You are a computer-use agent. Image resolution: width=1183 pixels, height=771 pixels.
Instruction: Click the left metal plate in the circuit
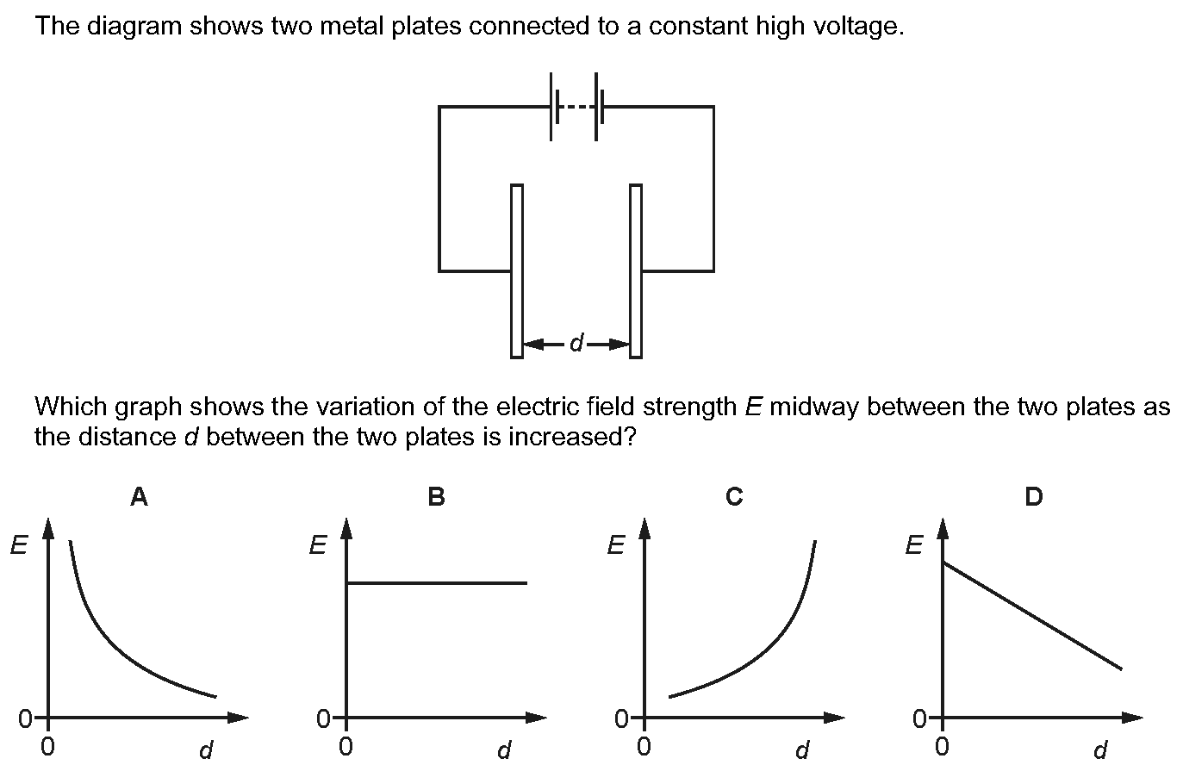click(x=516, y=271)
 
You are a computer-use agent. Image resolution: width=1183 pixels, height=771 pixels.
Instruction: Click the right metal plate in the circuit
click(x=636, y=271)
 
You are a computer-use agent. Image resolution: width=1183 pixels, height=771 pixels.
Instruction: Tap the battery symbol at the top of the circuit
click(x=574, y=107)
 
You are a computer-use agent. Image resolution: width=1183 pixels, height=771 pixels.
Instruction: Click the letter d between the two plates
click(x=576, y=343)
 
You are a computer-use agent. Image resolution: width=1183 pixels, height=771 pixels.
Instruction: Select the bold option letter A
click(x=139, y=496)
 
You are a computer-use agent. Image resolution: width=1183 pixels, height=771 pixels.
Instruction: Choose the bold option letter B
click(x=437, y=496)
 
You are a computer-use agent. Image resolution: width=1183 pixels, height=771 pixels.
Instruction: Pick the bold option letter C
click(x=734, y=496)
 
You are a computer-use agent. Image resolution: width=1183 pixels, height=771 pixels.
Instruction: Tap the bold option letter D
click(x=1034, y=496)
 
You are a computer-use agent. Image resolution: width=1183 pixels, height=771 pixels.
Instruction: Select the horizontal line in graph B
click(x=437, y=583)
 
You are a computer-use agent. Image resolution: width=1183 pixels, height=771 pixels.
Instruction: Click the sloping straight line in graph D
click(x=1032, y=616)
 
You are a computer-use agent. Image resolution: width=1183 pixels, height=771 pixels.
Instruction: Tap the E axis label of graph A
click(x=19, y=544)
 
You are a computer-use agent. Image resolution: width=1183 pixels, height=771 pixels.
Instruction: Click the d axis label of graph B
click(x=504, y=749)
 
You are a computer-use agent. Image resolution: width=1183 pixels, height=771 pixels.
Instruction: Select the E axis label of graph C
click(x=616, y=544)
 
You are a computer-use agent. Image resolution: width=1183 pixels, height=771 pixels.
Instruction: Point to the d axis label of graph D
click(x=1100, y=749)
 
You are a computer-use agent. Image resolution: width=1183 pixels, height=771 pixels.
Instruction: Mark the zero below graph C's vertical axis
click(x=644, y=747)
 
